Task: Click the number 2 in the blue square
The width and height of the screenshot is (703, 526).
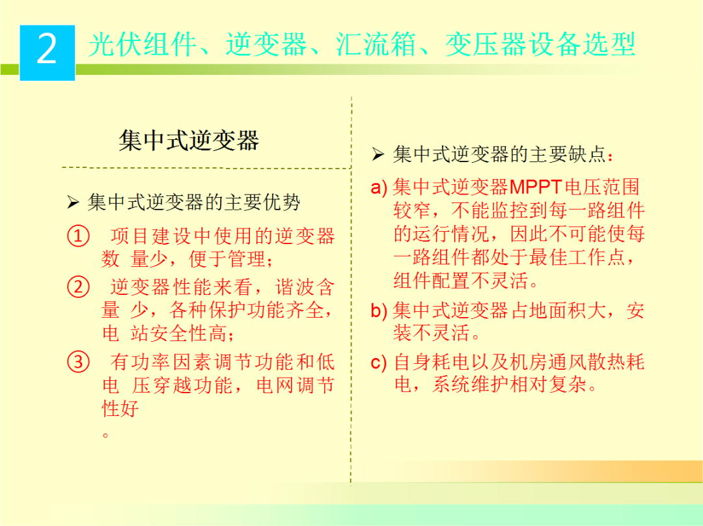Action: coord(47,51)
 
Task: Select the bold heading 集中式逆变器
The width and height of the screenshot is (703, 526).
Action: coord(189,140)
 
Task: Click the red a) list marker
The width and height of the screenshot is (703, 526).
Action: coord(379,188)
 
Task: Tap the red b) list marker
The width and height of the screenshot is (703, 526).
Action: coord(379,311)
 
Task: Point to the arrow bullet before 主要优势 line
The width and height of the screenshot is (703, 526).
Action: coord(73,203)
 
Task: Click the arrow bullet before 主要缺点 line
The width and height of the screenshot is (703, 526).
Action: coord(378,155)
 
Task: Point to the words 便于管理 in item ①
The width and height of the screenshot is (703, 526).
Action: coord(227,259)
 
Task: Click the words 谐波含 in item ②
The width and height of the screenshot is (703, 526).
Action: coord(305,287)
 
